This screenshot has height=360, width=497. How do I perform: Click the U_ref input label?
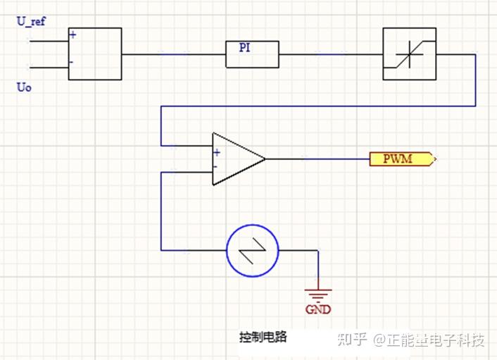click(31, 21)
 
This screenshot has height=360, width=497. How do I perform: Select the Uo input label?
click(23, 87)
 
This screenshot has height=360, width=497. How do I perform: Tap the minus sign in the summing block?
click(72, 63)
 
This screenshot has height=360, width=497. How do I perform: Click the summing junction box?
click(95, 54)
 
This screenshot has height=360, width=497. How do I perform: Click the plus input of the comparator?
click(217, 151)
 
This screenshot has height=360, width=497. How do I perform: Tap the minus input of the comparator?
click(215, 166)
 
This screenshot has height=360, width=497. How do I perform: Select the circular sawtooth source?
click(252, 250)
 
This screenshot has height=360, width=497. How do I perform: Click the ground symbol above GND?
click(317, 294)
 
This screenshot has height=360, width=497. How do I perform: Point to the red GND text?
click(317, 309)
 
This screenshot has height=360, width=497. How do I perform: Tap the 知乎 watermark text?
click(352, 340)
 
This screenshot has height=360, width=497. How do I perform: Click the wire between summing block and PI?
click(173, 54)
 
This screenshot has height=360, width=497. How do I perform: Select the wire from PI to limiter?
click(330, 54)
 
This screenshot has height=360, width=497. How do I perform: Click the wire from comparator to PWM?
click(317, 159)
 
